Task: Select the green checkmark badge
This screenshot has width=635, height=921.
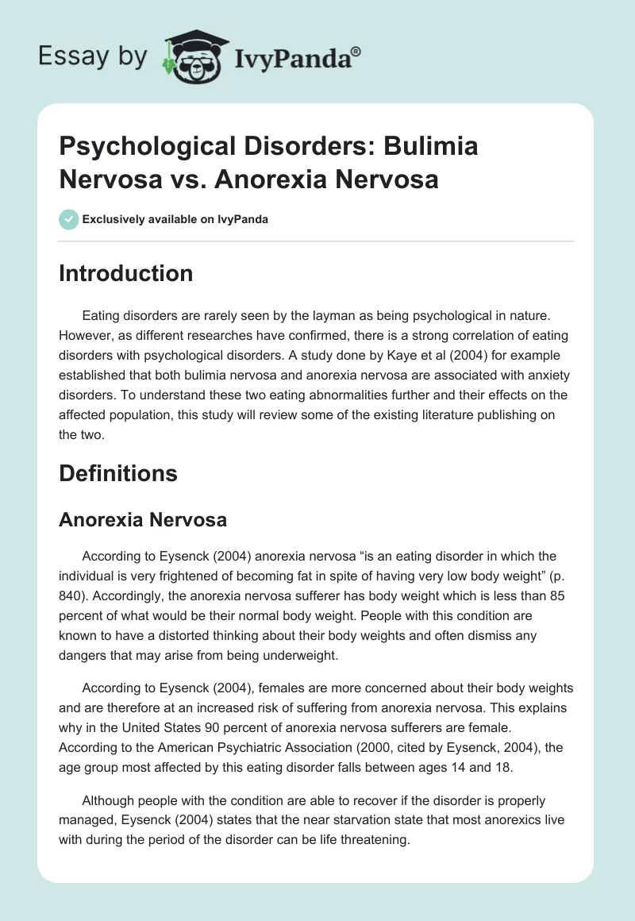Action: tap(69, 219)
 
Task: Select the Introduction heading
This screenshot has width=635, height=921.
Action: tap(126, 273)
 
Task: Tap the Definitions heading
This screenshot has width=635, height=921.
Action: tap(118, 473)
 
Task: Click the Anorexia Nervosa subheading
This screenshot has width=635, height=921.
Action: tap(143, 519)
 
